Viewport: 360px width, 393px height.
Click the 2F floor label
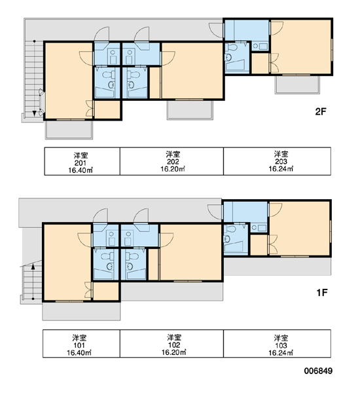tap(321, 111)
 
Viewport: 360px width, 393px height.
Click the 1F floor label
tap(322, 293)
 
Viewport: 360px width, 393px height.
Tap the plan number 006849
tap(318, 371)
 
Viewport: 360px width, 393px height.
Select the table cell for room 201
tap(82, 161)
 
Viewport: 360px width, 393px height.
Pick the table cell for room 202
tap(171, 161)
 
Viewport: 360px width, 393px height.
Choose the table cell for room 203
tap(277, 161)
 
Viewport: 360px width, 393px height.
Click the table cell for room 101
tap(81, 343)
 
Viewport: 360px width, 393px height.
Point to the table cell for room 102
tap(171, 343)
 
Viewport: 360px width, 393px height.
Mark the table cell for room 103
tap(277, 343)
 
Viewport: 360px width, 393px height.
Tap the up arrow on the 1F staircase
tap(33, 281)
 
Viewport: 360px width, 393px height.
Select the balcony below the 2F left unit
tap(69, 130)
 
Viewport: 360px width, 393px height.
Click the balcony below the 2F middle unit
tap(190, 110)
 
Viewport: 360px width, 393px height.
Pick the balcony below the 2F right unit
tap(297, 84)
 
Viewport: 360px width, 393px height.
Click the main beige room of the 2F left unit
tap(69, 81)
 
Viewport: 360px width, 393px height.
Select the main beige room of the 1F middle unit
tap(191, 252)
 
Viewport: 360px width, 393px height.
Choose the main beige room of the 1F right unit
tap(300, 229)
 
